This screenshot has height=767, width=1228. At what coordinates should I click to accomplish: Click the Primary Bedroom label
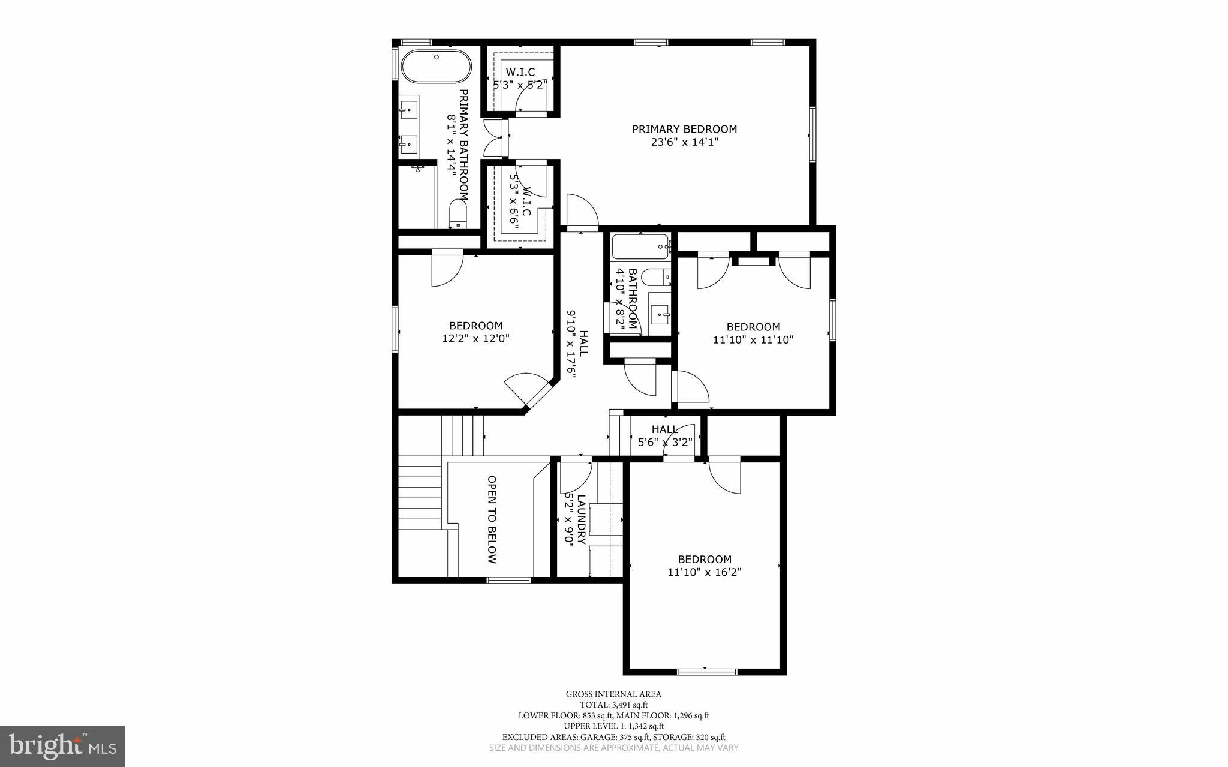(x=684, y=129)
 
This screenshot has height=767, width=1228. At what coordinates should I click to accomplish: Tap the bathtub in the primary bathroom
(x=436, y=67)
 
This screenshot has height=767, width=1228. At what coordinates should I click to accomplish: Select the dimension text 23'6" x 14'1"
(x=684, y=142)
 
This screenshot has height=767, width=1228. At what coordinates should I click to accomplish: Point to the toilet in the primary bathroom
(x=458, y=215)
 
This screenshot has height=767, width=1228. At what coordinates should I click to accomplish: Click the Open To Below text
(x=492, y=519)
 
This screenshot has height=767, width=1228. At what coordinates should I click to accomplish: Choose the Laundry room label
(x=580, y=519)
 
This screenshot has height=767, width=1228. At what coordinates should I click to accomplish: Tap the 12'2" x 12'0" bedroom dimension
(x=475, y=338)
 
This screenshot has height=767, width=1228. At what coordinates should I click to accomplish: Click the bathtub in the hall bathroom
(x=640, y=246)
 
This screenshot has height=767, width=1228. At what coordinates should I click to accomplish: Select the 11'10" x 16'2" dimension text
(x=705, y=572)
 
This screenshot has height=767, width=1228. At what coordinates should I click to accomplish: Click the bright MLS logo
(x=62, y=746)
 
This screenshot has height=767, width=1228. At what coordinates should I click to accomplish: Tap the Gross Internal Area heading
(x=613, y=694)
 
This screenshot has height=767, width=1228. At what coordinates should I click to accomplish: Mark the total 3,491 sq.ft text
(x=613, y=705)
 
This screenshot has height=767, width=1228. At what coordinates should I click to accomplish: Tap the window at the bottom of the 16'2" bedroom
(x=706, y=672)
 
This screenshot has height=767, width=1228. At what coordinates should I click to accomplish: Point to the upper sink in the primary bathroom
(x=409, y=110)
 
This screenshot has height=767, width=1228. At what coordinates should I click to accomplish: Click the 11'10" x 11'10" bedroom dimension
(x=753, y=339)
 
